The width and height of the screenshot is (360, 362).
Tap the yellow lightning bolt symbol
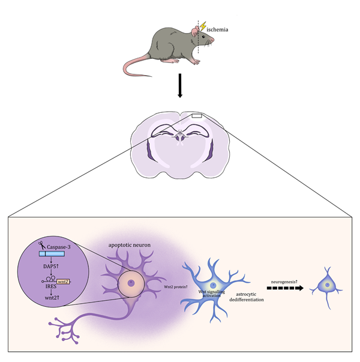click(203, 27)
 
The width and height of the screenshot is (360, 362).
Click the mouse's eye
click(201, 39)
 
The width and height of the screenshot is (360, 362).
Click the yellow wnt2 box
click(64, 280)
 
